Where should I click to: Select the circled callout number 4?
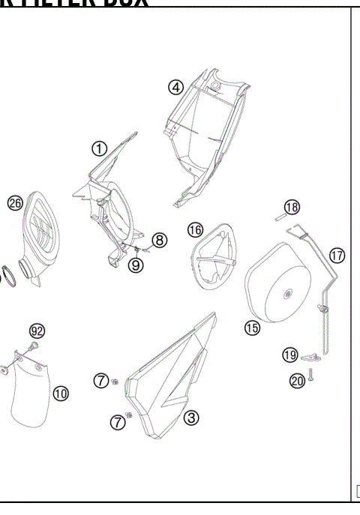tap(175, 87)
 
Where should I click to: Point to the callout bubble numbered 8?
tap(159, 240)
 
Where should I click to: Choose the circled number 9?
tap(136, 265)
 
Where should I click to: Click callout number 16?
tap(195, 229)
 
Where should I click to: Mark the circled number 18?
tap(292, 206)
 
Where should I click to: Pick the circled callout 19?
tap(290, 355)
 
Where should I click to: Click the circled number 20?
tap(296, 381)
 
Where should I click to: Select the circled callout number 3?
tap(191, 418)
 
